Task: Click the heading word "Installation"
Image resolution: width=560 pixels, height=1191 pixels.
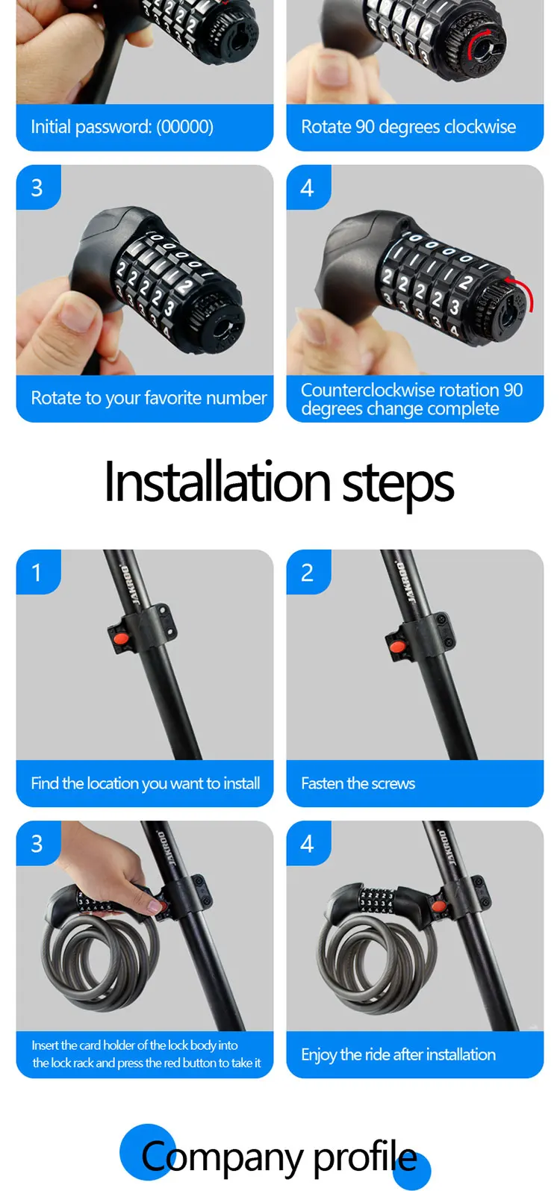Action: [217, 482]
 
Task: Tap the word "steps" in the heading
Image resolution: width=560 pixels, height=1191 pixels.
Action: [397, 484]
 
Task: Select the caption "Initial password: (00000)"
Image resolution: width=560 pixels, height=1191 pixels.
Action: [122, 127]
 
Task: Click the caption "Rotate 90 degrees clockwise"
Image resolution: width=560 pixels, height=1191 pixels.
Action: [408, 127]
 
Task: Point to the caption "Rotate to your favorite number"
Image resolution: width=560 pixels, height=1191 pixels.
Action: [149, 398]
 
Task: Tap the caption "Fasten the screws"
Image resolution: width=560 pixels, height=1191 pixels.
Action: [358, 783]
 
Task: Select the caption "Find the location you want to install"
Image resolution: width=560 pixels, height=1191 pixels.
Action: [146, 783]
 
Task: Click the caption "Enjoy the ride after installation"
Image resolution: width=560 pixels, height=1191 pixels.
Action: [398, 1054]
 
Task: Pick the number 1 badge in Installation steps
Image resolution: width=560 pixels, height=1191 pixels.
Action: [37, 573]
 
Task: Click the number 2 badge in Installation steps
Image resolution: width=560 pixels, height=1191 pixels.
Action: [307, 573]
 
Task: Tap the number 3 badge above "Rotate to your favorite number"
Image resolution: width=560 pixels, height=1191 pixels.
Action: [37, 188]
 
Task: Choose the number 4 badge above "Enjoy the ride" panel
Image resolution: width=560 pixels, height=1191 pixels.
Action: [307, 844]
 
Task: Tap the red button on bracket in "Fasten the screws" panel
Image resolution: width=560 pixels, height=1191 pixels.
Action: [397, 644]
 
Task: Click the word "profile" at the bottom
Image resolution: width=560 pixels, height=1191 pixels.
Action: [364, 1157]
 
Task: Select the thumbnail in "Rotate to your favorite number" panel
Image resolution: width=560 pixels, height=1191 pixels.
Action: [145, 270]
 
